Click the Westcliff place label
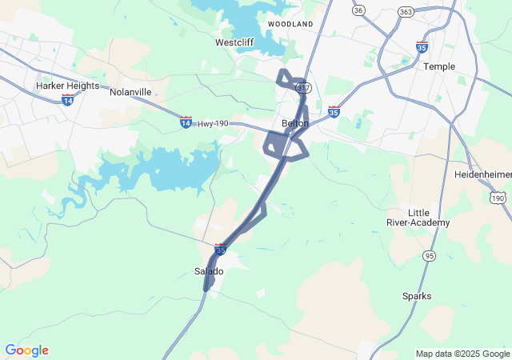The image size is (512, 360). pyautogui.click(x=234, y=42)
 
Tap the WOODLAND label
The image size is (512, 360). pyautogui.click(x=290, y=24)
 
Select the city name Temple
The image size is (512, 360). pyautogui.click(x=439, y=66)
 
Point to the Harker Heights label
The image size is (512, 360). pyautogui.click(x=68, y=86)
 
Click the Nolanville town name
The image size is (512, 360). pyautogui.click(x=130, y=92)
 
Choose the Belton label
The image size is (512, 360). pyautogui.click(x=295, y=123)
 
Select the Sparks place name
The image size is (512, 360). pyautogui.click(x=417, y=296)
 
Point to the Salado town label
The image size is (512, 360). pyautogui.click(x=210, y=271)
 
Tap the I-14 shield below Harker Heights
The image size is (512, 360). pyautogui.click(x=68, y=99)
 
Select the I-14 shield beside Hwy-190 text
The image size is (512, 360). pyautogui.click(x=186, y=122)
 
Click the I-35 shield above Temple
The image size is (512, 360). pyautogui.click(x=422, y=46)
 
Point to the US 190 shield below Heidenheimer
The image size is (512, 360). pyautogui.click(x=498, y=198)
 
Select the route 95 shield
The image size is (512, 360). pyautogui.click(x=430, y=255)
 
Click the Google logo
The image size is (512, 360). pyautogui.click(x=26, y=350)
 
